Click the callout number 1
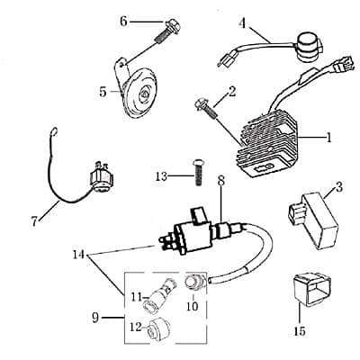[328, 139]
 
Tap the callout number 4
[244, 24]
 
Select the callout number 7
[34, 221]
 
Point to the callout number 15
[300, 330]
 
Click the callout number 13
[161, 176]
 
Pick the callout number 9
[95, 318]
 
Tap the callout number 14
[79, 256]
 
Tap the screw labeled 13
[197, 173]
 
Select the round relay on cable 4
[309, 43]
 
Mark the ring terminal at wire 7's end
[54, 131]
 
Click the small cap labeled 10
[193, 282]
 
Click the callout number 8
[221, 181]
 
